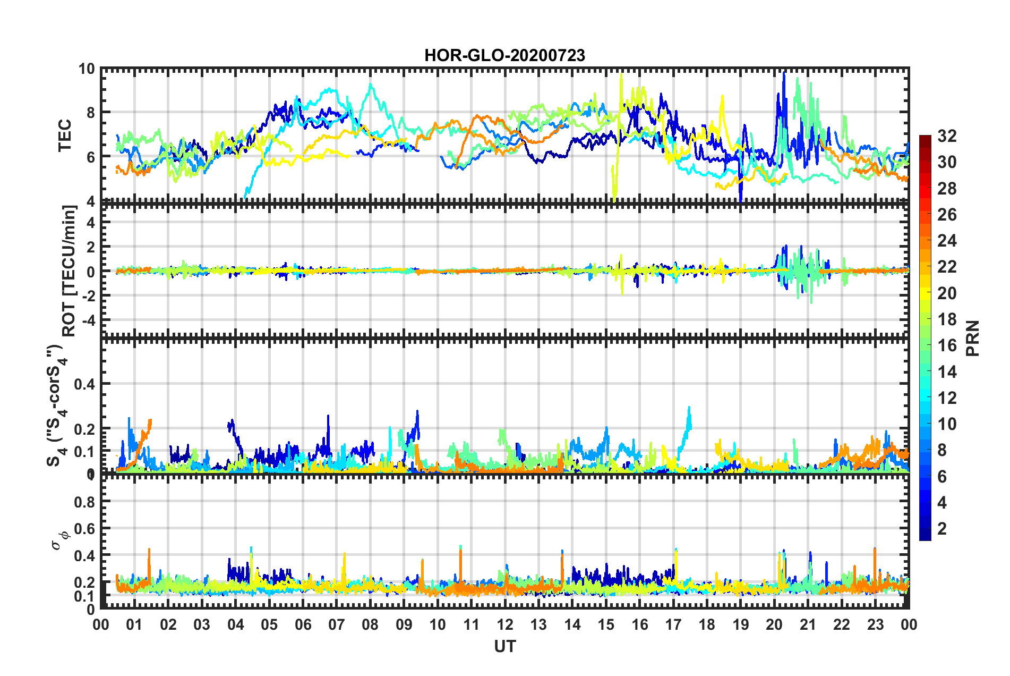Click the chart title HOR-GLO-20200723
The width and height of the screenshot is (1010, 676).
click(504, 55)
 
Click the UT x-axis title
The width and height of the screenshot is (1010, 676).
click(504, 646)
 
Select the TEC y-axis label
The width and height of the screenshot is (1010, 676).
click(65, 135)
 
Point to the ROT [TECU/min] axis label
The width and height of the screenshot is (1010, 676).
click(69, 271)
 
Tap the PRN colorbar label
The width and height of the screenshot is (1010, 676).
click(973, 339)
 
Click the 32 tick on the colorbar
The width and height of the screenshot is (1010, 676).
click(947, 136)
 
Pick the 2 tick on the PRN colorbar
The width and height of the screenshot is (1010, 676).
click(942, 528)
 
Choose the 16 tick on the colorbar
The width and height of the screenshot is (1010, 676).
click(947, 345)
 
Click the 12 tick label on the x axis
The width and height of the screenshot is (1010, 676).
click(505, 624)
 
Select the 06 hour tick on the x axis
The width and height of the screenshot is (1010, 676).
click(303, 624)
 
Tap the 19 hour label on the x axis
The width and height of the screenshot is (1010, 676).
click(740, 624)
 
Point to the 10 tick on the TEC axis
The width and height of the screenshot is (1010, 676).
click(87, 69)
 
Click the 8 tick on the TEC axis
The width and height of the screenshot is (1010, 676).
click(90, 113)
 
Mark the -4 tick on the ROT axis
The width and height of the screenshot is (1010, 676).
click(87, 320)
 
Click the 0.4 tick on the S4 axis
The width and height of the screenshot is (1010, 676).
click(84, 384)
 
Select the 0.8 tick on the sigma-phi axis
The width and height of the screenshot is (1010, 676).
click(84, 502)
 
